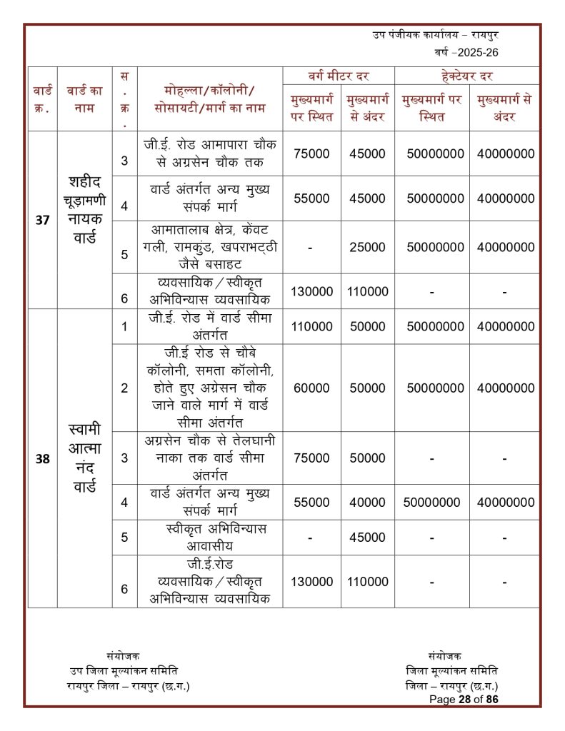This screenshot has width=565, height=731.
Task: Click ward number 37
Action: pyautogui.click(x=42, y=220)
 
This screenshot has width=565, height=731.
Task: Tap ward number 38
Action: pyautogui.click(x=42, y=458)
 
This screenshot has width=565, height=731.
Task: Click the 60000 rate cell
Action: pyautogui.click(x=311, y=388)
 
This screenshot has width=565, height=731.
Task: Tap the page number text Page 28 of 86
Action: pyautogui.click(x=464, y=700)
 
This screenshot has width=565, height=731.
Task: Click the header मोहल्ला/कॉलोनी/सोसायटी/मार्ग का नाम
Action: pyautogui.click(x=209, y=99)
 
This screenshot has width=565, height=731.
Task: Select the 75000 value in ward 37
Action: pyautogui.click(x=311, y=153)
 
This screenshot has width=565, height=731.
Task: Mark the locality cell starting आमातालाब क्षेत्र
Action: pyautogui.click(x=209, y=247)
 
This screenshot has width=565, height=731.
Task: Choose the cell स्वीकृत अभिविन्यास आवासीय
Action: pyautogui.click(x=209, y=538)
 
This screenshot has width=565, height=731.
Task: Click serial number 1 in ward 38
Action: pyautogui.click(x=124, y=326)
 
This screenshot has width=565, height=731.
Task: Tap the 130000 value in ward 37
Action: pyautogui.click(x=311, y=291)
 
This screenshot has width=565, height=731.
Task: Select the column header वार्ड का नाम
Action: pyautogui.click(x=84, y=99)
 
